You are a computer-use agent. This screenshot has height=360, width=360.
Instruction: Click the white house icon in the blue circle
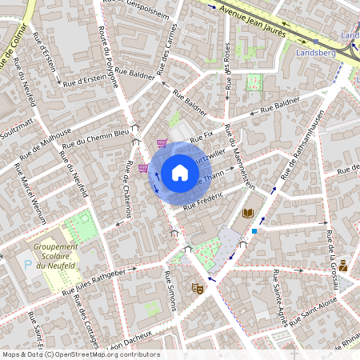tap(179, 172)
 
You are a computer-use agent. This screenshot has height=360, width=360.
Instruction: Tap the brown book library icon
tap(248, 213)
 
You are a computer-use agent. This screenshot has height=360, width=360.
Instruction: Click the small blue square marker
tap(254, 230)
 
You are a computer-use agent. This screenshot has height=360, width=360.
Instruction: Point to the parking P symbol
tap(30, 262)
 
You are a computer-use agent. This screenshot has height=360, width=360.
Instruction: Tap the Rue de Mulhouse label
tap(46, 141)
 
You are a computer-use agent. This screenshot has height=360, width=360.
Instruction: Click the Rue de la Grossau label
tap(330, 253)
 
